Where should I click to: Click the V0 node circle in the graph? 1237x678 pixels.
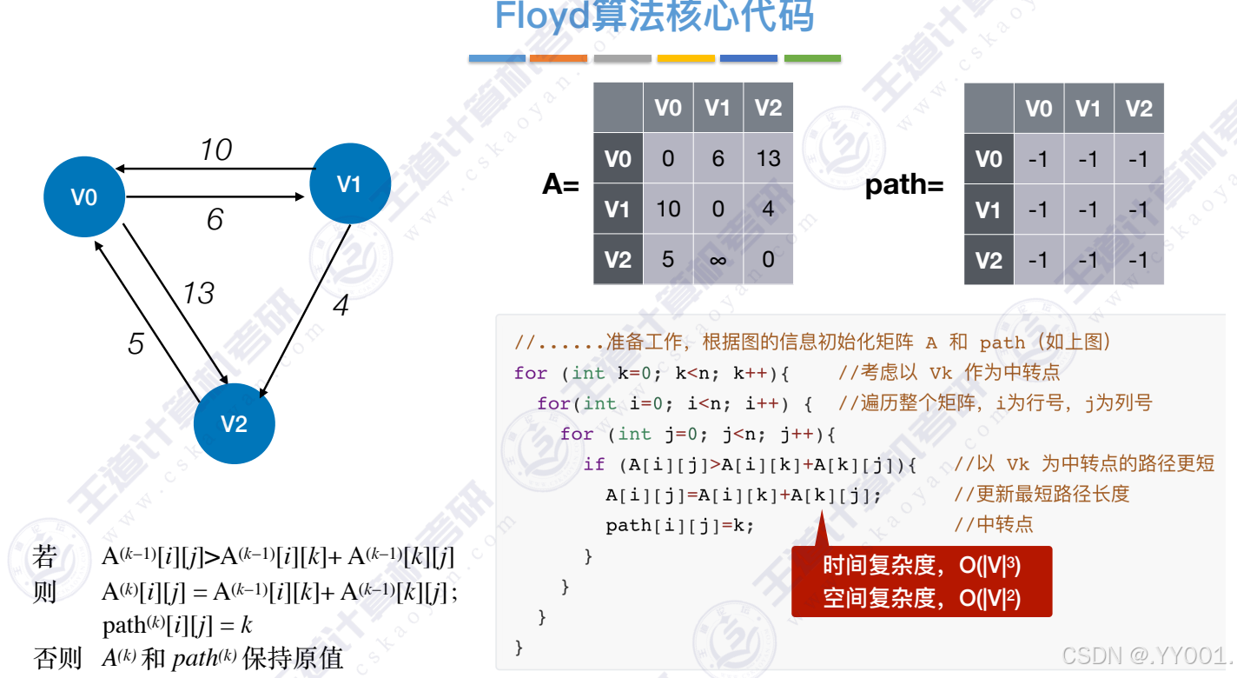pos(84,197)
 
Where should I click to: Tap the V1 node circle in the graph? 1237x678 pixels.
pos(349,183)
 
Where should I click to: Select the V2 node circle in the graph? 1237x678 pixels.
pos(234,424)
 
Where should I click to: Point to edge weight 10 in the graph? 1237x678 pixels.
pos(215,150)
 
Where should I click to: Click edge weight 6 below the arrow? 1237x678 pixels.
pos(215,219)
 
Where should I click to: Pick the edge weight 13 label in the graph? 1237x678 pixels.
pos(198,293)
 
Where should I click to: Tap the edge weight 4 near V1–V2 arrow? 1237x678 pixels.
pos(341,306)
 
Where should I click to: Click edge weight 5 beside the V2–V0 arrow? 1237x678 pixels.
pos(136,344)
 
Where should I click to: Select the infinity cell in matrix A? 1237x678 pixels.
pos(718,260)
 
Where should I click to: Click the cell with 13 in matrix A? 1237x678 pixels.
pos(768,159)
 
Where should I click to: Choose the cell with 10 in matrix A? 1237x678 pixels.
pos(668,209)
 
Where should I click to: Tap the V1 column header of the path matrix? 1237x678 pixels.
pos(1088,109)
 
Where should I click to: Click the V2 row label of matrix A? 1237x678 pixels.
pos(618,260)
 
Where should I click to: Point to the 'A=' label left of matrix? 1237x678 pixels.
pos(561,184)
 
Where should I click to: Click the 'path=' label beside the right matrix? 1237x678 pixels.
pos(903,185)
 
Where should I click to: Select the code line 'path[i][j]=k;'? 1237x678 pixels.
pos(680,525)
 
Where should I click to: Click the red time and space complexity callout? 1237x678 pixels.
pos(922,582)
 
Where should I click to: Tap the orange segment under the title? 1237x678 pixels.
pos(558,59)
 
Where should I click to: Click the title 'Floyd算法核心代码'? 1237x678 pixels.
pos(654,17)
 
